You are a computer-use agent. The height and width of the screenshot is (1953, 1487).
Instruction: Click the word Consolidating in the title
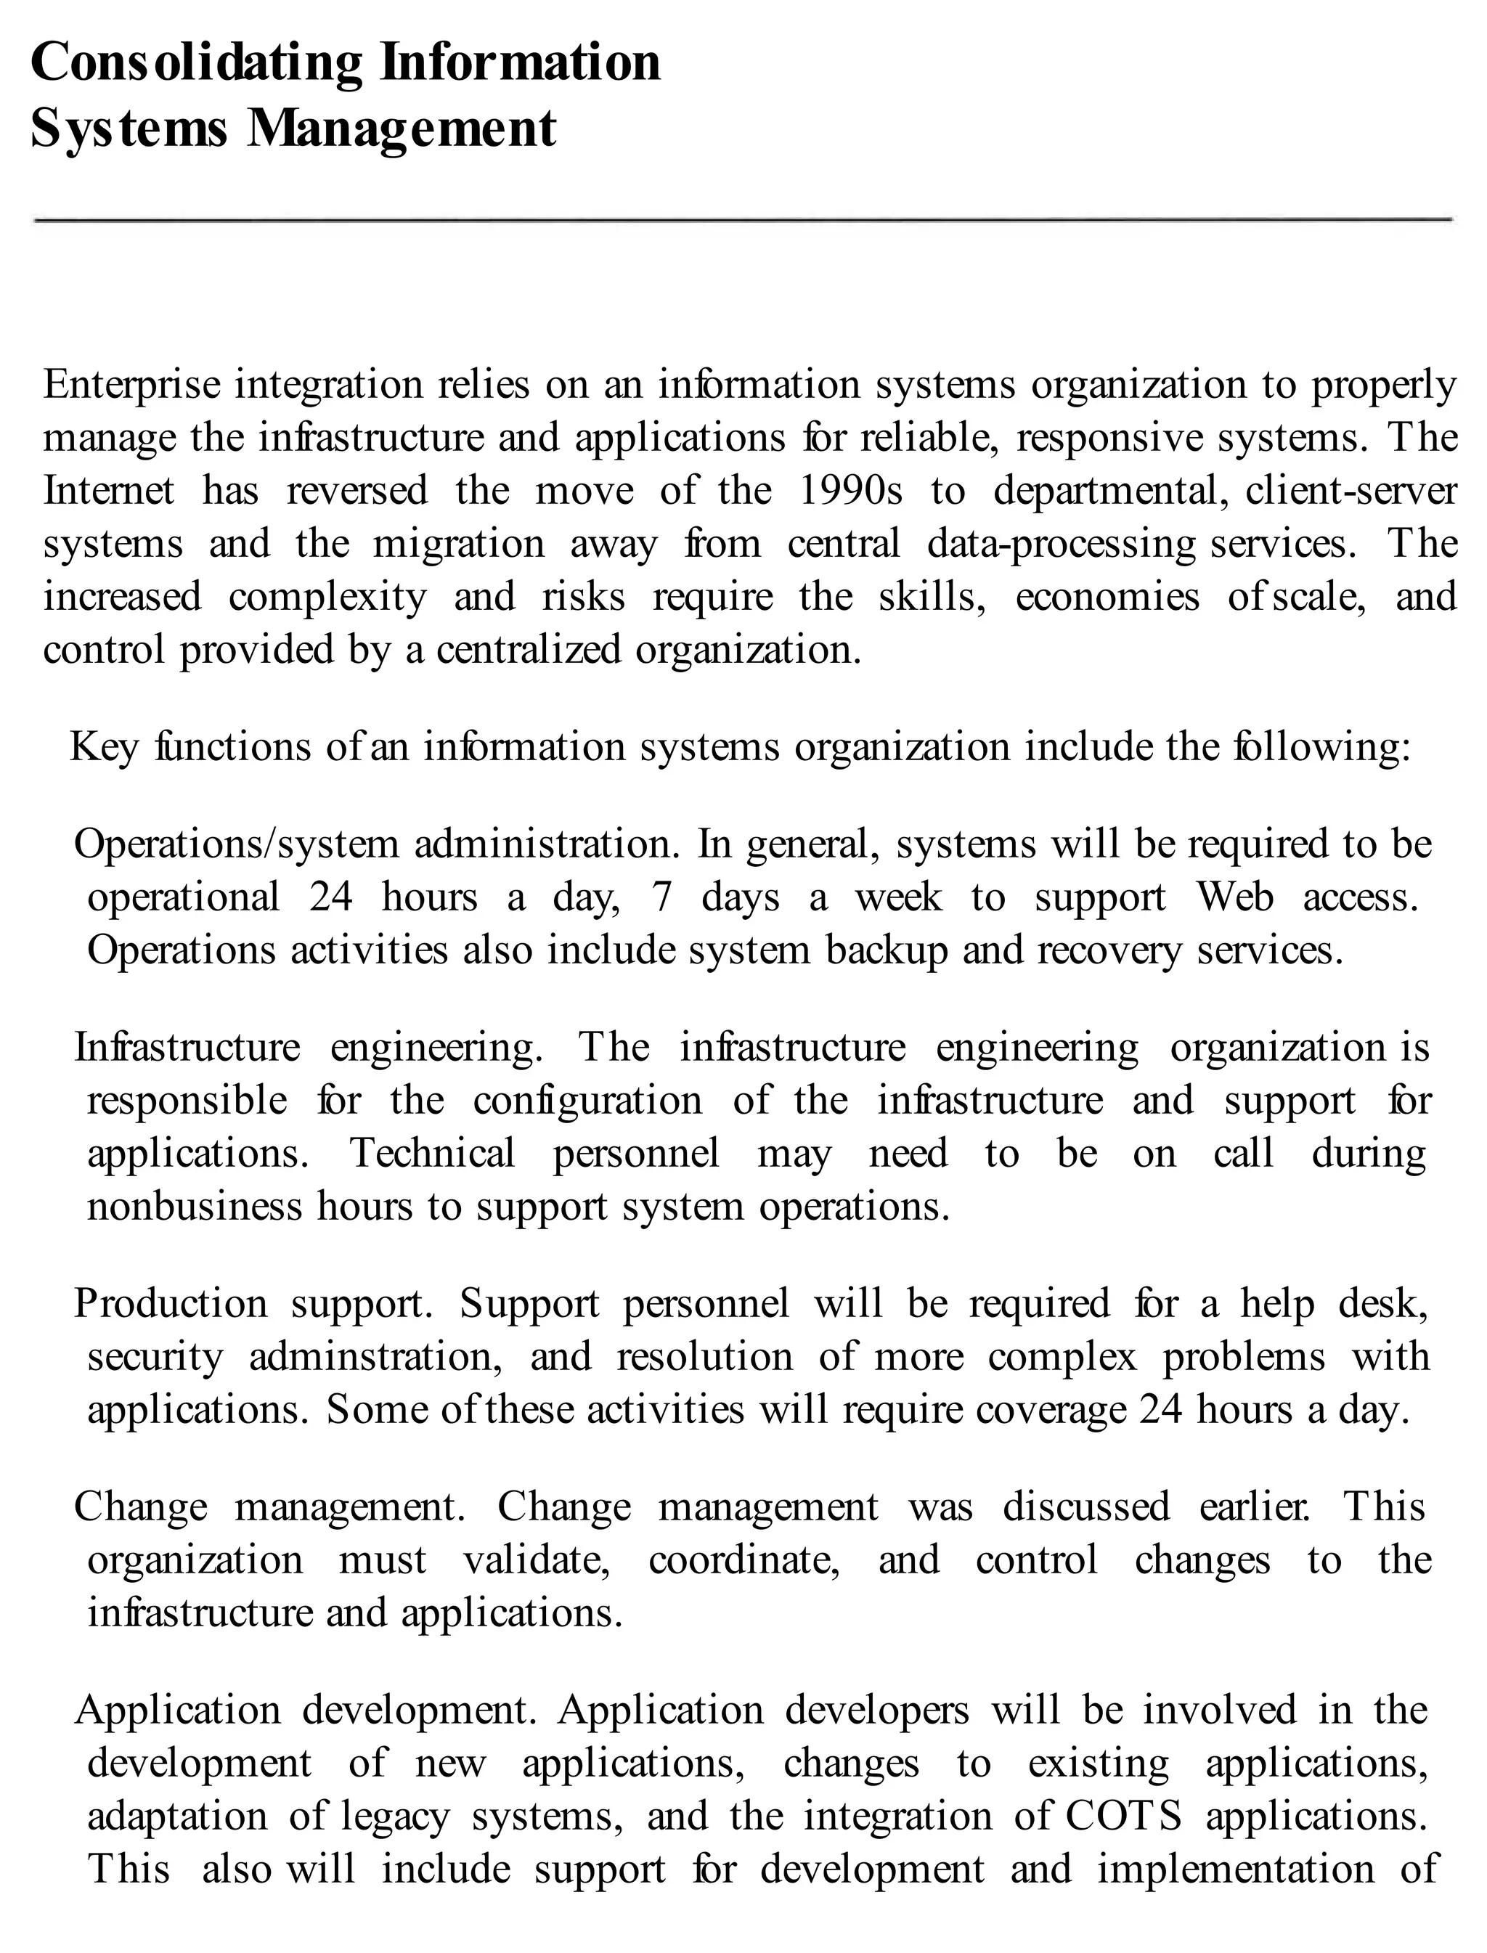click(197, 64)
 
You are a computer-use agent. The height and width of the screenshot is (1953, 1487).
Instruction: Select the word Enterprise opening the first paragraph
click(132, 385)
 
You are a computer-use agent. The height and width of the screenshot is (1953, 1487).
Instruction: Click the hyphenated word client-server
click(1350, 491)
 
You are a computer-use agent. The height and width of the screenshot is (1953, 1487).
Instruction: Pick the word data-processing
click(1062, 545)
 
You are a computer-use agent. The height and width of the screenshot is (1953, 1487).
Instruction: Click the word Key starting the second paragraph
click(104, 747)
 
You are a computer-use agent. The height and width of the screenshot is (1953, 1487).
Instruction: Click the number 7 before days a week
click(662, 897)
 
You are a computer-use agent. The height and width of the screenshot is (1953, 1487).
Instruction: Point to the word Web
click(1235, 897)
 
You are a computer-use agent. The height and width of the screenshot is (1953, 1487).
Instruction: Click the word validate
click(537, 1560)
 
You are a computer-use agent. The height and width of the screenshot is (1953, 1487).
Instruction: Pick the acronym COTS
click(1123, 1817)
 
